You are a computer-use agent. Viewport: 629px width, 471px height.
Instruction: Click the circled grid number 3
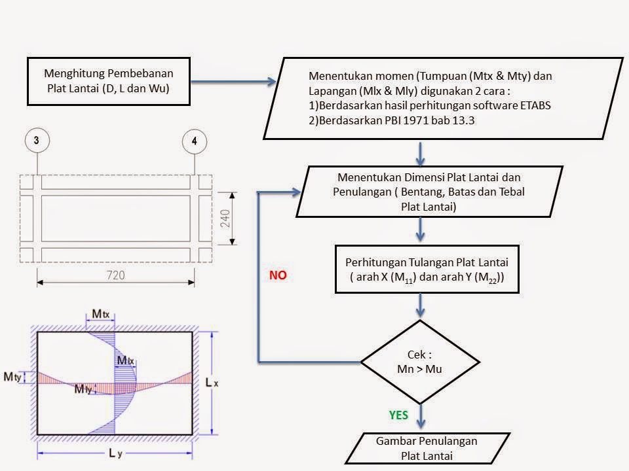point(37,140)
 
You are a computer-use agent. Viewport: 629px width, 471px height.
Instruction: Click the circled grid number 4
point(195,141)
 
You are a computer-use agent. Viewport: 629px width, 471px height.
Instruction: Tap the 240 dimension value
point(225,218)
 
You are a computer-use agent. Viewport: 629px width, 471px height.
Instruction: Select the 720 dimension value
point(115,275)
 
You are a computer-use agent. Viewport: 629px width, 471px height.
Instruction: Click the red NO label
point(278,275)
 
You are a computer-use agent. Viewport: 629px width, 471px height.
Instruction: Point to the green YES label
point(398,415)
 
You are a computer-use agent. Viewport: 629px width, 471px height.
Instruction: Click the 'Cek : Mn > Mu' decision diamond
point(420,362)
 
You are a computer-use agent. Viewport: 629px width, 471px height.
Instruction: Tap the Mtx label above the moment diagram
point(101,313)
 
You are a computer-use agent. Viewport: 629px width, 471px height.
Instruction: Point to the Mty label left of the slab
point(12,377)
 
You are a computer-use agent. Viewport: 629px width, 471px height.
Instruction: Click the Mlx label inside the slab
point(126,360)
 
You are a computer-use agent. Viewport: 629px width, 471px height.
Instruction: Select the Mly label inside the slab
point(83,389)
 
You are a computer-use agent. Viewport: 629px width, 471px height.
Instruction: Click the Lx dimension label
point(212,383)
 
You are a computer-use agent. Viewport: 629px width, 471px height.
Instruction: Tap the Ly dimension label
point(115,453)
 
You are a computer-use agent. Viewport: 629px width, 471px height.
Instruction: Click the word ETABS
point(535,105)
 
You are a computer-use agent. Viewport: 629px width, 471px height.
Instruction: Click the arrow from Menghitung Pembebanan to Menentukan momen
point(233,82)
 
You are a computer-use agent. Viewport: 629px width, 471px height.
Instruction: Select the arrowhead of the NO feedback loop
point(296,192)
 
